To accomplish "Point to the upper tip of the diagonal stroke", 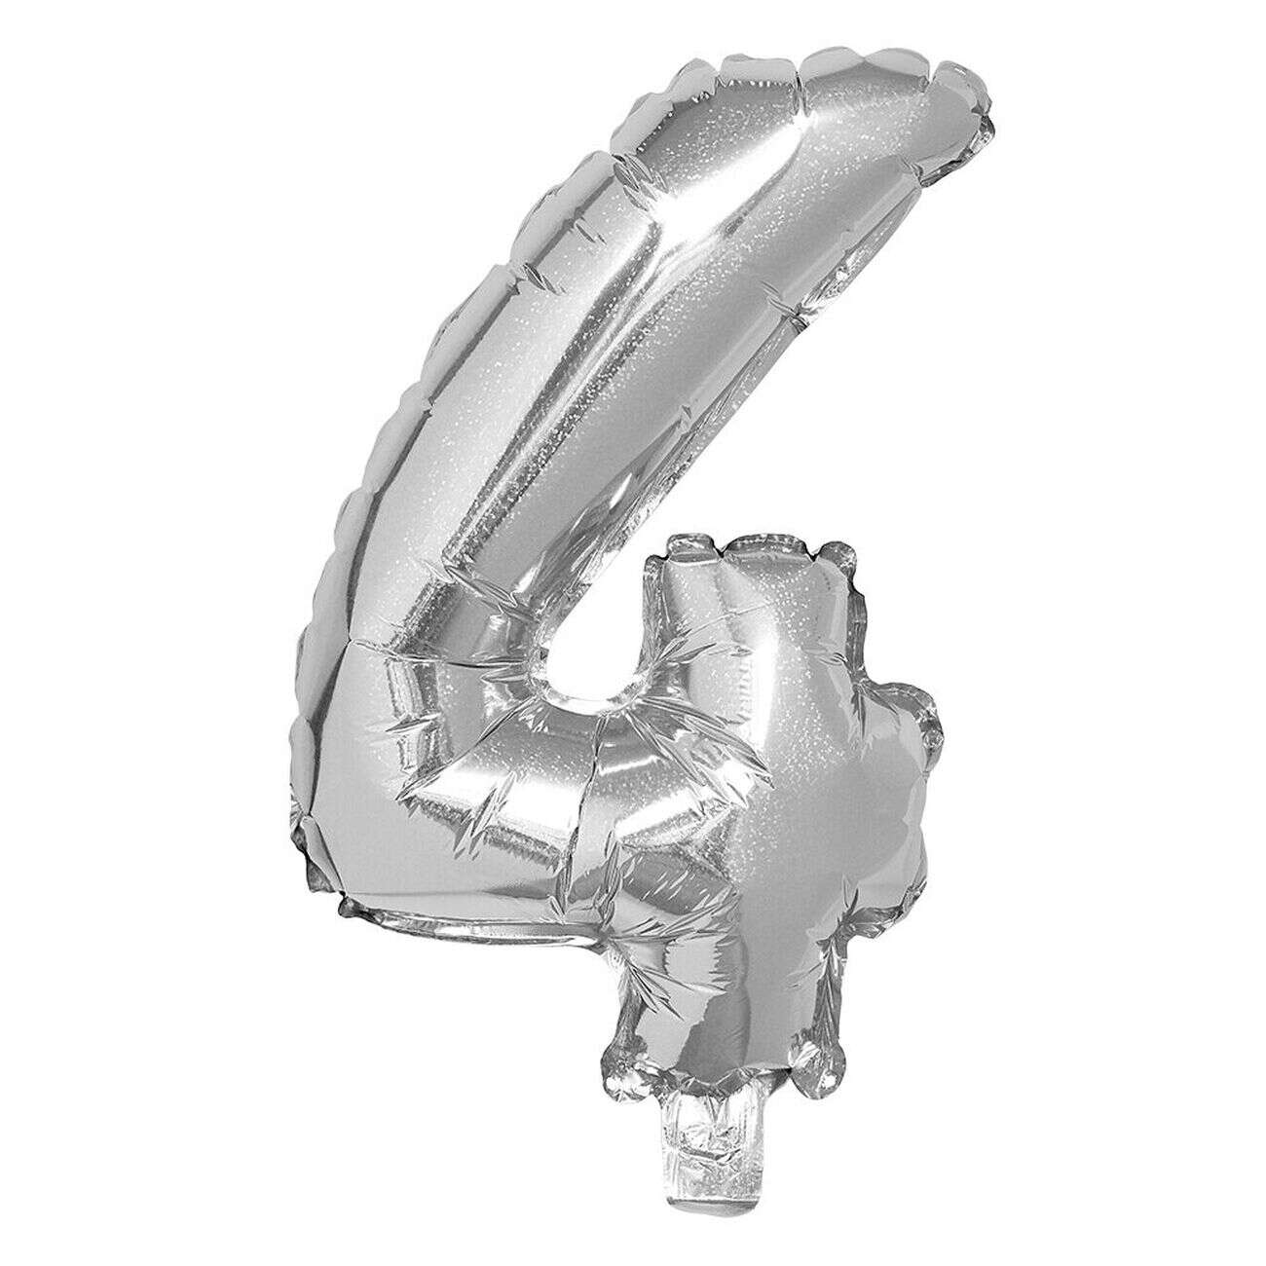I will click(906, 88).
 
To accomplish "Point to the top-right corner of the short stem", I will click(838, 565).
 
